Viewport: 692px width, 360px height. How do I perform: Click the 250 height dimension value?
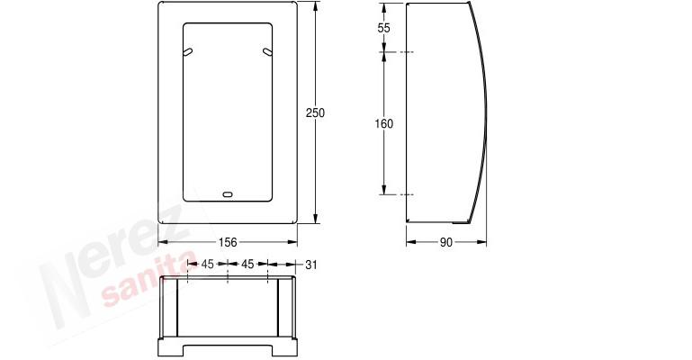click(315, 112)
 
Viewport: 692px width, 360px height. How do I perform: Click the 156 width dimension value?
click(228, 242)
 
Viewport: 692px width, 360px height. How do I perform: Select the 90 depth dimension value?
click(446, 242)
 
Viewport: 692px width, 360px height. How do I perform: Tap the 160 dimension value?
click(384, 124)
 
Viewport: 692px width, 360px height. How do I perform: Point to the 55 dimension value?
click(384, 28)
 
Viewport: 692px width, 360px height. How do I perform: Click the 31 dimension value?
click(311, 265)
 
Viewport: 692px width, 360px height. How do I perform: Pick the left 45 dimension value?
click(208, 265)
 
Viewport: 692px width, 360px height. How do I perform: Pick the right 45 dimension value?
click(247, 265)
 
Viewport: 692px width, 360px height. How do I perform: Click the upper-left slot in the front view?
click(188, 52)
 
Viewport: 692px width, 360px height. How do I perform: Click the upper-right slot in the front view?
click(267, 52)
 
